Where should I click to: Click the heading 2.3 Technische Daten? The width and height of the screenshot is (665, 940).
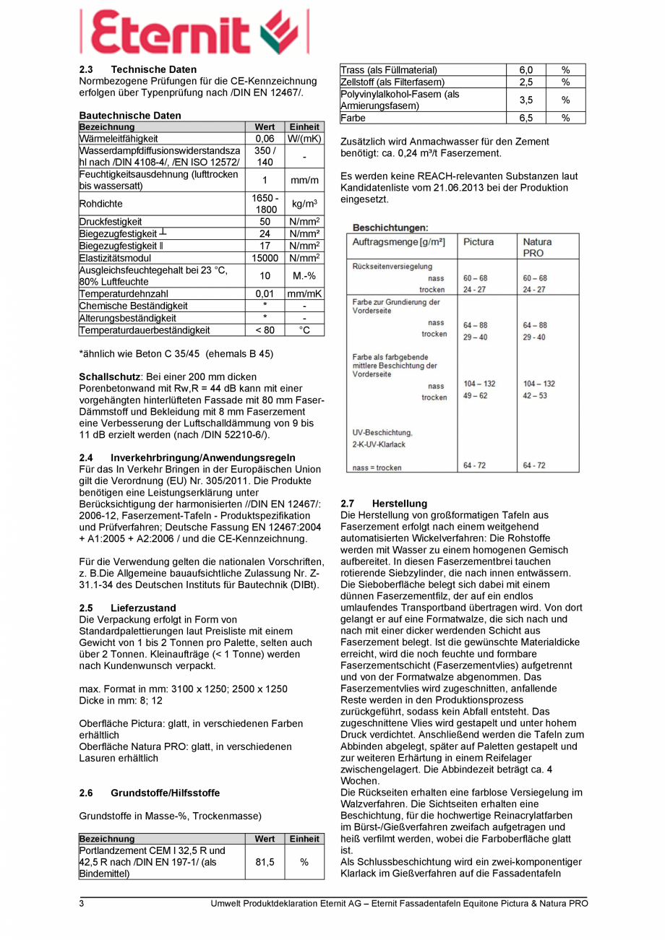click(137, 69)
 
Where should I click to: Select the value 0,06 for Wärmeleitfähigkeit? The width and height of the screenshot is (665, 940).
click(265, 138)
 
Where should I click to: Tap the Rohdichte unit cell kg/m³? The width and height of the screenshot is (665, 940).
click(304, 204)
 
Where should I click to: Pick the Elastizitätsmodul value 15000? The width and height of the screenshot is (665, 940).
click(265, 257)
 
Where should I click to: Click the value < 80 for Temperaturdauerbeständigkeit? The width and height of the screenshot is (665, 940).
click(265, 330)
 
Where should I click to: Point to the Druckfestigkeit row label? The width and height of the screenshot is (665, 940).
click(111, 222)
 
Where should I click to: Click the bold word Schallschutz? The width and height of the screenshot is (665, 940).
click(109, 377)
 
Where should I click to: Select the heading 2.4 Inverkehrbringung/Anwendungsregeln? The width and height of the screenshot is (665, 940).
click(186, 457)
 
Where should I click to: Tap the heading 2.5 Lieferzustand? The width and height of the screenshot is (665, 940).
click(127, 608)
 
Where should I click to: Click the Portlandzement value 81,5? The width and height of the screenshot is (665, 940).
click(265, 862)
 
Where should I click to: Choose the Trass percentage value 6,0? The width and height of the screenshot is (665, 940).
click(525, 70)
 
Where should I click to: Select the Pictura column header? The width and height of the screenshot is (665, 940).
click(479, 242)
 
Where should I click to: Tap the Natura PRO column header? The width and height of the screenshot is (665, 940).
click(537, 247)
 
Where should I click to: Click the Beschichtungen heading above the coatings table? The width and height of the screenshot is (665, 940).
click(390, 227)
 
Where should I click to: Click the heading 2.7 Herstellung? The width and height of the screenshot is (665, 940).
click(383, 503)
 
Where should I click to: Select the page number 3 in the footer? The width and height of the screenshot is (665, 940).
click(82, 904)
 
